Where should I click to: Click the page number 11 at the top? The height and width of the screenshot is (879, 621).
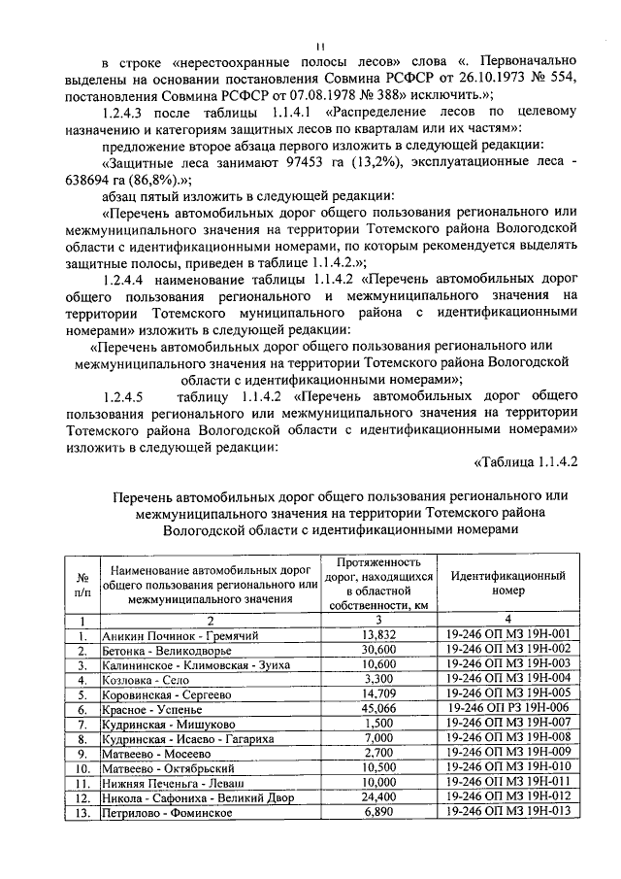[x=320, y=47]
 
